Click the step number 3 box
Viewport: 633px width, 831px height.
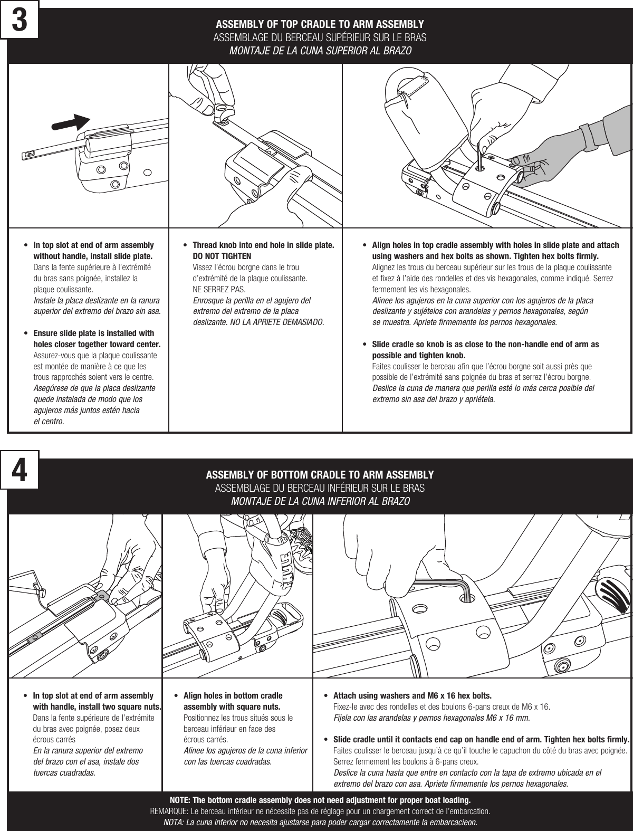click(20, 20)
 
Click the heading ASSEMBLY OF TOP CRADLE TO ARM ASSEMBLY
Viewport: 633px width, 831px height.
click(320, 25)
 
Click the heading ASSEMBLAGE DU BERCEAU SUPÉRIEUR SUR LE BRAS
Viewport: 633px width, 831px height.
click(320, 38)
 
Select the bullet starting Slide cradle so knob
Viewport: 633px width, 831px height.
click(485, 349)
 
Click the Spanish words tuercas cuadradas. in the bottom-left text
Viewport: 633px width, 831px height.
click(64, 773)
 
